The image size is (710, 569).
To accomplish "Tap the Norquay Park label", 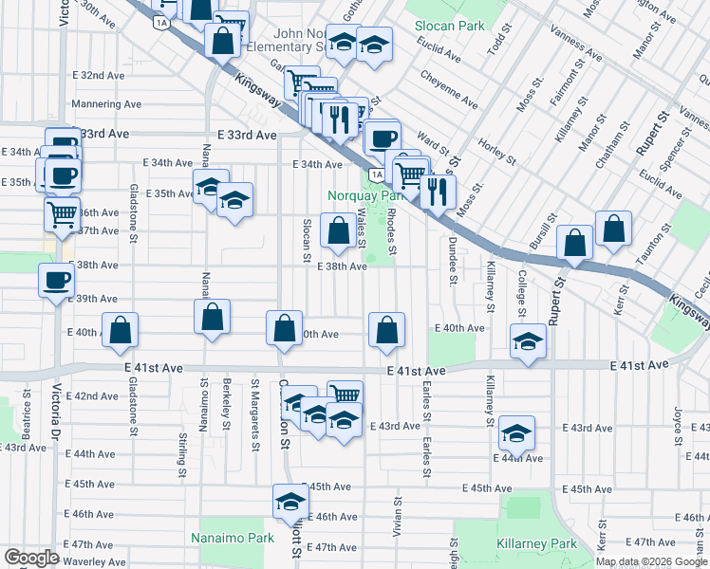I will coord(364,195).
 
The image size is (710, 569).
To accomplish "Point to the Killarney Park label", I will coord(536,544).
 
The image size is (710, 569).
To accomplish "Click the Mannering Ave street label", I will coord(106,104).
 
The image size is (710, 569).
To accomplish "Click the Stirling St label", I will coord(180,455).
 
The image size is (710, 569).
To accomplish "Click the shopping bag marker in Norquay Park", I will coord(338,229).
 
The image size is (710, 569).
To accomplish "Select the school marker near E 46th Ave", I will coord(291,502).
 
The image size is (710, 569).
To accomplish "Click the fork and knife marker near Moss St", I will coord(438,191).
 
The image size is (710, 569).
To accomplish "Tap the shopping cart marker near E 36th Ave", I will coord(62,214).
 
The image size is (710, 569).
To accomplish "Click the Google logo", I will coord(31,557).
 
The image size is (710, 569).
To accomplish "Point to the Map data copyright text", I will coord(651,561).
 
